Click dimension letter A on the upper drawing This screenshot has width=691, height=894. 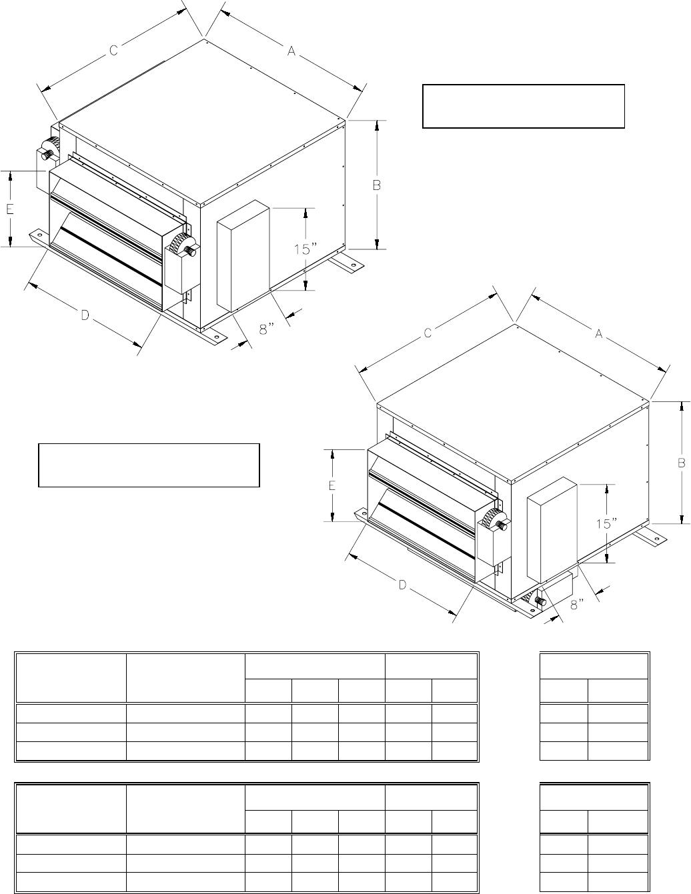291,51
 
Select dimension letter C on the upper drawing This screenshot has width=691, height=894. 113,50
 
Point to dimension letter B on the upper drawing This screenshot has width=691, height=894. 377,185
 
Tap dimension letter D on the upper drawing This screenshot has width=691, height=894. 85,315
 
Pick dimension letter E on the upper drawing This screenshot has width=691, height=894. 10,209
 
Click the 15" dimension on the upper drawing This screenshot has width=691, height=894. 305,249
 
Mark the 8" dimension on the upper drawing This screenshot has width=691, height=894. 267,329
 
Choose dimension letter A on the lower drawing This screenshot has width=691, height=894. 599,333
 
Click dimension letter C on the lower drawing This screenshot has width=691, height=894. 428,333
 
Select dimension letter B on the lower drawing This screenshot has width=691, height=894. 682,463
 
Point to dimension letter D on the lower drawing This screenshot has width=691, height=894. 402,585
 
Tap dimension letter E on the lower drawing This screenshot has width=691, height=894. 331,485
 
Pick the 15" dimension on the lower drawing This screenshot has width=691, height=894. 607,524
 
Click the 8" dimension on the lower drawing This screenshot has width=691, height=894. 577,605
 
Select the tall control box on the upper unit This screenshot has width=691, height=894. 243,255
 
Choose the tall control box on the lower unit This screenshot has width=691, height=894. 552,530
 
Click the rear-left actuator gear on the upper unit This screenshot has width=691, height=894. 49,148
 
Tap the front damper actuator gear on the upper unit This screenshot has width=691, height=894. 183,245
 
